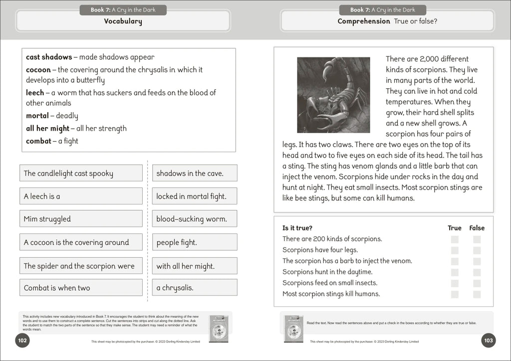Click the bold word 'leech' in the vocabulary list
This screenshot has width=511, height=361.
click(34, 93)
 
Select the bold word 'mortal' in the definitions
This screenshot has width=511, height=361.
click(37, 116)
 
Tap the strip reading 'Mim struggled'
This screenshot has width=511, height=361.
click(81, 219)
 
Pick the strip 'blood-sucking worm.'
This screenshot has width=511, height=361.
click(195, 219)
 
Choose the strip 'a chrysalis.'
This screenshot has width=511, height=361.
click(195, 288)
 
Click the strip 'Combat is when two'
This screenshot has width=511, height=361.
click(81, 288)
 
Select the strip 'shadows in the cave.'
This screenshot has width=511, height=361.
click(195, 173)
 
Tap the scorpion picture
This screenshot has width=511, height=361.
click(333, 95)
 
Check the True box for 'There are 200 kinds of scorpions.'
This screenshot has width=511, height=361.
click(455, 239)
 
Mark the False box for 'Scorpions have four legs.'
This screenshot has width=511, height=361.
click(477, 250)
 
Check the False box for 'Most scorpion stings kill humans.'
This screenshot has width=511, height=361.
click(477, 294)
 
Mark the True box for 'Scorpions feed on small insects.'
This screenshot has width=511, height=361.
click(455, 283)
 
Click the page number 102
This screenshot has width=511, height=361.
click(22, 341)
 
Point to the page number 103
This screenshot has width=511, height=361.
click(489, 341)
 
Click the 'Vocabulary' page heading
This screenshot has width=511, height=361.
click(123, 21)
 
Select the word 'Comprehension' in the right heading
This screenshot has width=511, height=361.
click(364, 21)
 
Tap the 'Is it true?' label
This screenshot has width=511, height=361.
click(297, 228)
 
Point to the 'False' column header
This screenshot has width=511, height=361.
click(477, 228)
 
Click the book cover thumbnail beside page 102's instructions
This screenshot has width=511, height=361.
click(219, 328)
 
